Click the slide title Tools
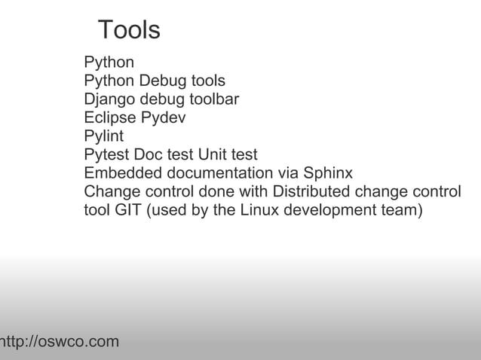click(x=129, y=30)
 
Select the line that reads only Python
click(x=109, y=63)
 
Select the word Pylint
click(x=103, y=136)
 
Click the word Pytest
click(x=106, y=155)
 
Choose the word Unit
click(x=213, y=154)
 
